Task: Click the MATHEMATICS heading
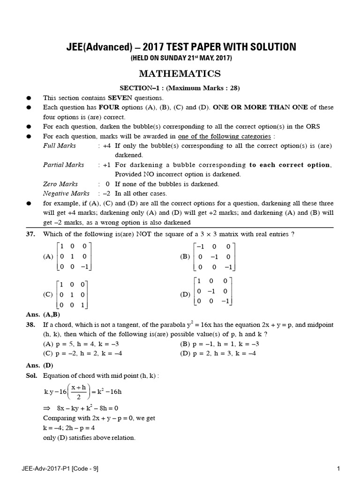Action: [x=180, y=74]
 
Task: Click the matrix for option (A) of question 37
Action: [x=73, y=256]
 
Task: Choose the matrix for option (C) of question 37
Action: [x=72, y=295]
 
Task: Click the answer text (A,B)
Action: [x=52, y=315]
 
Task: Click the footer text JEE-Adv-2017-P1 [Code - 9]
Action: [x=60, y=468]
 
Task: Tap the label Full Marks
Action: [x=60, y=146]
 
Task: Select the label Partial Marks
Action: [x=64, y=165]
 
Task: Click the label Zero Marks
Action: [x=60, y=184]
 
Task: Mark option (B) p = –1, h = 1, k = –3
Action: [x=220, y=344]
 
